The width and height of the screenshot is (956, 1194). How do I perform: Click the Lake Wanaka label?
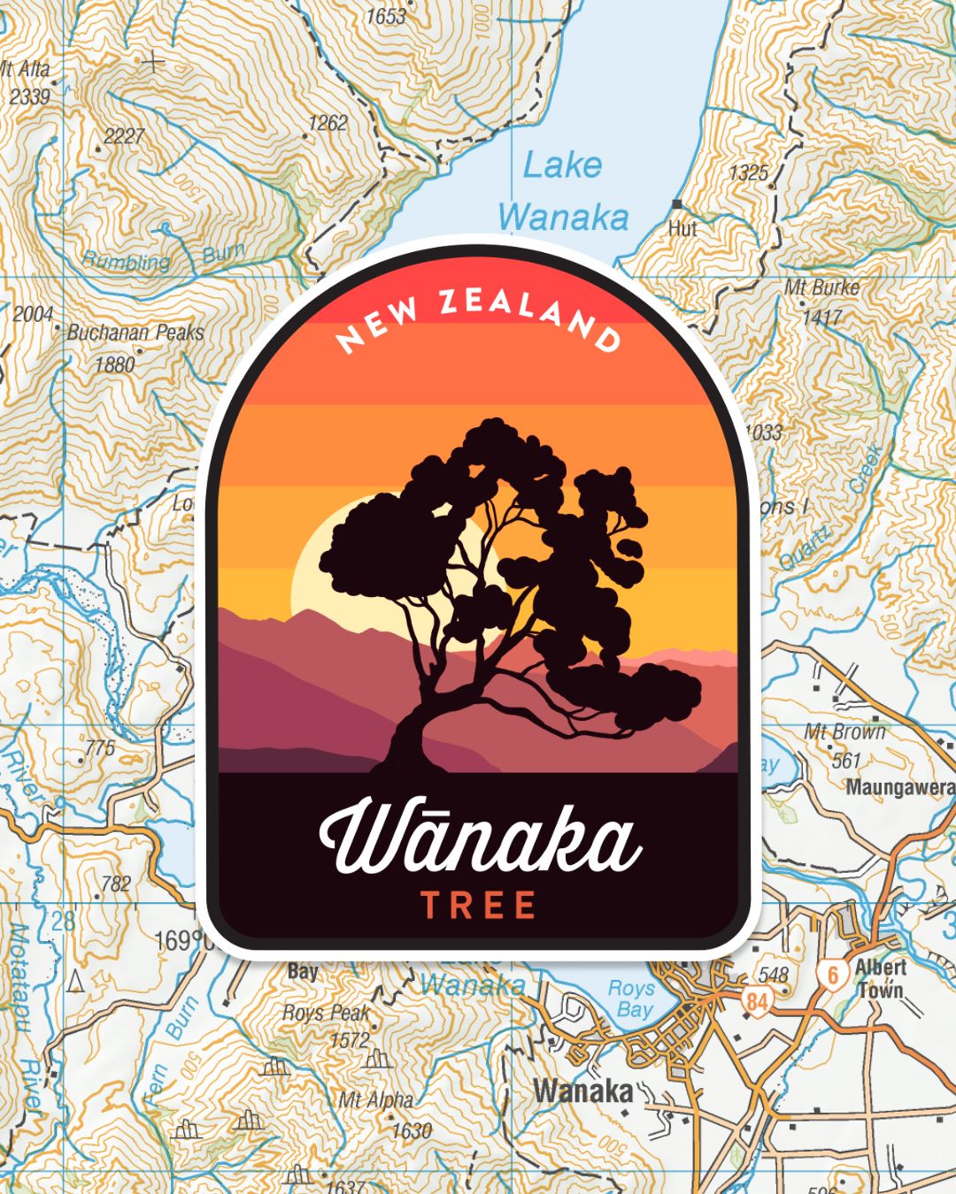pos(563,191)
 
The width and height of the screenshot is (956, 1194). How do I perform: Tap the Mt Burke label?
pos(821,287)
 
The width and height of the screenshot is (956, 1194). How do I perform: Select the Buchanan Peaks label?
pos(135,333)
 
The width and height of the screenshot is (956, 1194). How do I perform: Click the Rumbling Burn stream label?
pos(164,258)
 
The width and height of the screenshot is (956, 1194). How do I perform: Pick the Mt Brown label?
pos(844,732)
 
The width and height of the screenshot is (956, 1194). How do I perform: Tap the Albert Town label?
pos(880,978)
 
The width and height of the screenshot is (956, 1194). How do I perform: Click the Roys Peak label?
pos(325,1014)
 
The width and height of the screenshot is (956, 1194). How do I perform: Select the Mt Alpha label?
pos(376,1101)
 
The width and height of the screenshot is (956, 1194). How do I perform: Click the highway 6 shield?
pos(832,975)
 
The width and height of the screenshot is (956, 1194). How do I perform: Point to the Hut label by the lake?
pos(682,228)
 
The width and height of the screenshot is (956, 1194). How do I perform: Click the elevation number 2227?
pos(124,136)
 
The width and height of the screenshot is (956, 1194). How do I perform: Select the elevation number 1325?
pos(748,173)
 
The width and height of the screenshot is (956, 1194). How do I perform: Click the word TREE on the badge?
pos(478,906)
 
